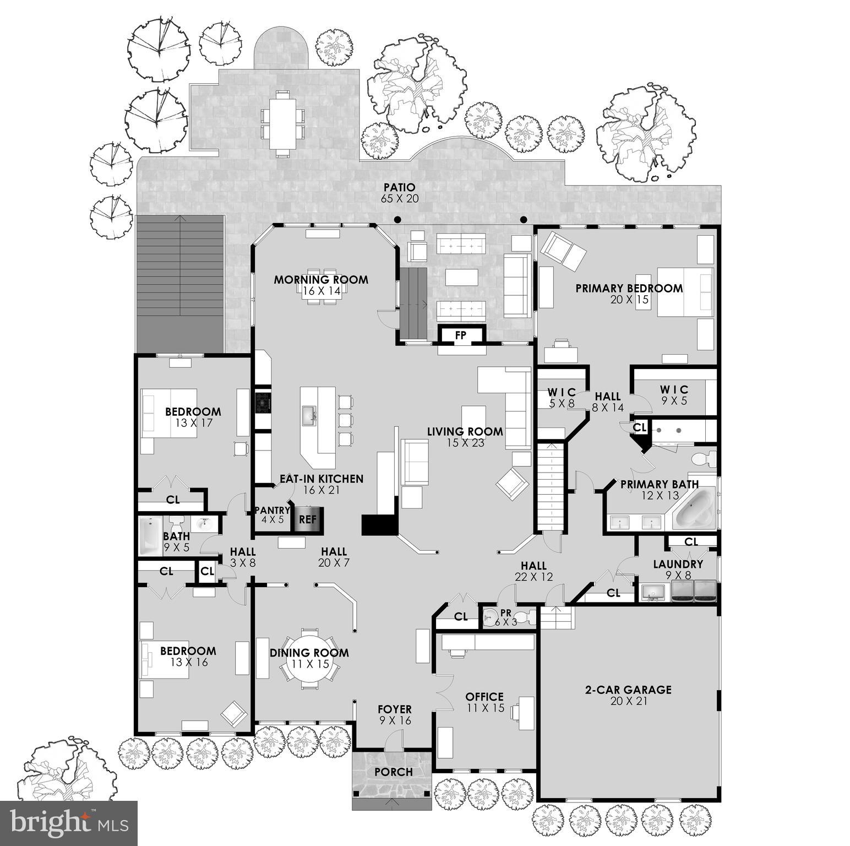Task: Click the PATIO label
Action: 399,188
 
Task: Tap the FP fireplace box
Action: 460,335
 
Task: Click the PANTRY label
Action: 271,511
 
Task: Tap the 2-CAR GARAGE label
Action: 628,690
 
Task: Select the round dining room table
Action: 309,658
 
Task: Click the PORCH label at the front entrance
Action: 393,772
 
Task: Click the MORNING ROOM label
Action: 321,280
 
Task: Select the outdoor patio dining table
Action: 281,123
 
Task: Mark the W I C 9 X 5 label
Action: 674,389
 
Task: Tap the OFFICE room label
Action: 484,697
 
